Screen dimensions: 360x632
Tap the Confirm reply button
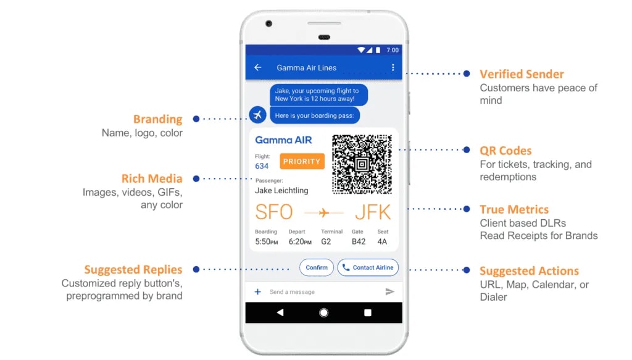[317, 267]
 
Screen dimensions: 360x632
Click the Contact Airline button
[368, 267]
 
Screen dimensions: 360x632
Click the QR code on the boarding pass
[362, 164]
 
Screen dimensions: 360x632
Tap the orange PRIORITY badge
[302, 161]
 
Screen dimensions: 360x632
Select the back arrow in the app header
[258, 68]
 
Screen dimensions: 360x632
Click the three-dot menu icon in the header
[393, 68]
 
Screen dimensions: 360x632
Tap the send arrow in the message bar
[389, 291]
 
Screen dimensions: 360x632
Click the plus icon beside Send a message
[258, 291]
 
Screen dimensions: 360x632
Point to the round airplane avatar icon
[258, 115]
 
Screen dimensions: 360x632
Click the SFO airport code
[274, 212]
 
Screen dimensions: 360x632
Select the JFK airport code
[373, 212]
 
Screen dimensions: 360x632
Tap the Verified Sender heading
[522, 74]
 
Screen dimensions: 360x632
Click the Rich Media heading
[152, 179]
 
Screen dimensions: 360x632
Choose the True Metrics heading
[514, 209]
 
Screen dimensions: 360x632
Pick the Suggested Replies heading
[133, 270]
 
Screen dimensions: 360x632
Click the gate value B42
[359, 241]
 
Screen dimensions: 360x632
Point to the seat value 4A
[383, 241]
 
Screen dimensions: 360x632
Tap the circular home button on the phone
[324, 312]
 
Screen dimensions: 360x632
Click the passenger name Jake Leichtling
[281, 190]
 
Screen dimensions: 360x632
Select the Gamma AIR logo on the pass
[283, 140]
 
